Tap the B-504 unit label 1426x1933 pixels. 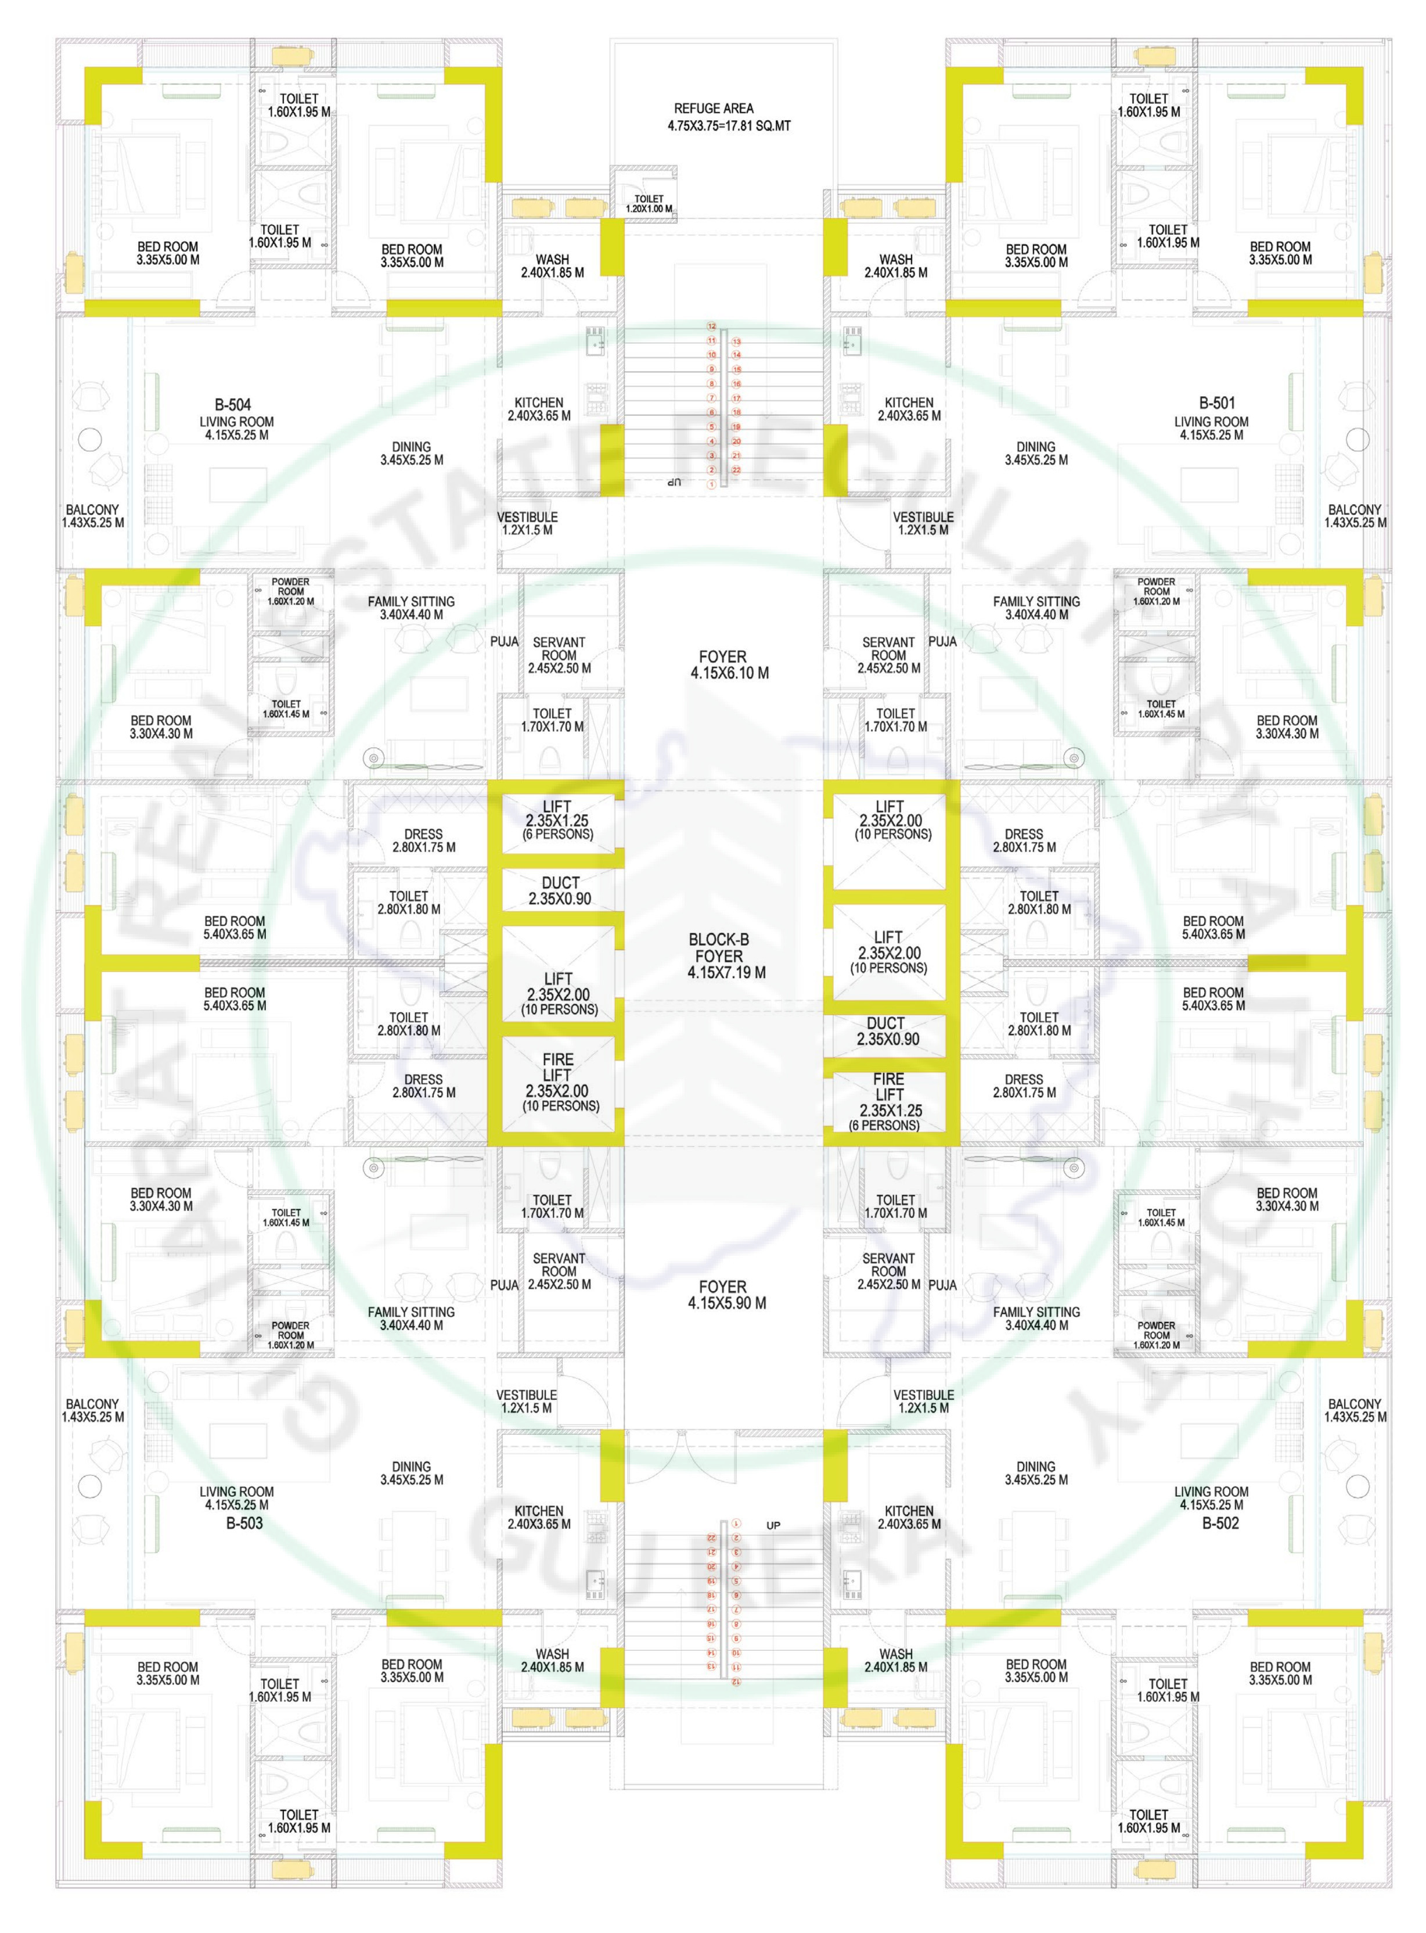(232, 404)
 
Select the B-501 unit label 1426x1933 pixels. (1216, 403)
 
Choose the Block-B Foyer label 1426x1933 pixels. (719, 955)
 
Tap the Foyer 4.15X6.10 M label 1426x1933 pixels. (729, 665)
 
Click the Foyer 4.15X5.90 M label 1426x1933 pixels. (727, 1295)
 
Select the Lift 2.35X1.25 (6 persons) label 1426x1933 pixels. (557, 820)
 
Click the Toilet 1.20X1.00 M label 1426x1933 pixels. (649, 204)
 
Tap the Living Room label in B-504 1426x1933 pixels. (236, 428)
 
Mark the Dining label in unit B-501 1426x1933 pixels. (1036, 453)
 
